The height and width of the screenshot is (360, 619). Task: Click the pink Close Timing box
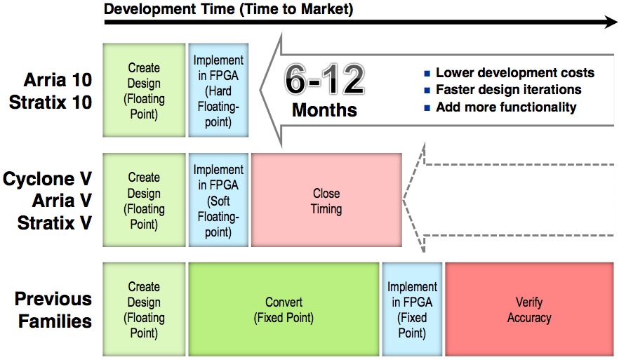click(326, 200)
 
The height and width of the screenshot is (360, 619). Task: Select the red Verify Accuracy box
click(529, 309)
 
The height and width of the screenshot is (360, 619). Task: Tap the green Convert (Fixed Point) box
click(284, 309)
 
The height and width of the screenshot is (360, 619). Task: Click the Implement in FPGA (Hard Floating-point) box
click(218, 91)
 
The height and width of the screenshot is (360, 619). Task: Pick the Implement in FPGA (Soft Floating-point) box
click(218, 200)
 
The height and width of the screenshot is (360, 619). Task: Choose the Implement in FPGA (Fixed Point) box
click(412, 309)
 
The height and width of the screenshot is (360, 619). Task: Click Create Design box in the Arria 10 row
click(144, 91)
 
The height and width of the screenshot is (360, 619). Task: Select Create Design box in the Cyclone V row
click(144, 200)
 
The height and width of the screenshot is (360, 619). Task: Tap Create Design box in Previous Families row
click(144, 309)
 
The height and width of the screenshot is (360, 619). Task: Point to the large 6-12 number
click(324, 79)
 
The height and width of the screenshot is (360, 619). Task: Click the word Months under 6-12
click(324, 109)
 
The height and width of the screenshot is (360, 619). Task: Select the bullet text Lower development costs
click(515, 73)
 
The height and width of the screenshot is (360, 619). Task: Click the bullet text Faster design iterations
click(508, 90)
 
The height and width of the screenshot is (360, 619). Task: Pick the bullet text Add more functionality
click(506, 107)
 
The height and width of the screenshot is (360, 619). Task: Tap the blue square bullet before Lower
click(427, 74)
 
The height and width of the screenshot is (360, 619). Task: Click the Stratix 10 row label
click(51, 102)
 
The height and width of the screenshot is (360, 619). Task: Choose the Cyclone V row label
click(48, 179)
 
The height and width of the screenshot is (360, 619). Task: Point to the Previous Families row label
click(53, 310)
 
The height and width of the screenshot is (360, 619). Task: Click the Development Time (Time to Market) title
click(229, 8)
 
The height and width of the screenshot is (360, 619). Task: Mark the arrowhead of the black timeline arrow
click(611, 22)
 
